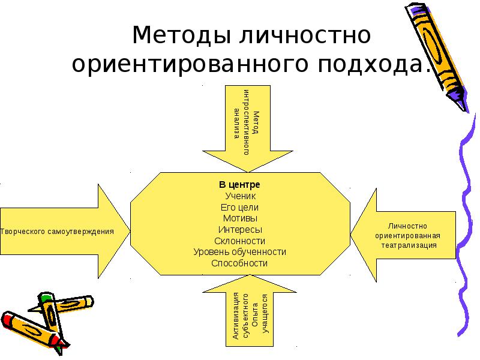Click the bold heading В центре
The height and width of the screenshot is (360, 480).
tap(239, 185)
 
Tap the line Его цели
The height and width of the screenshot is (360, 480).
tap(239, 207)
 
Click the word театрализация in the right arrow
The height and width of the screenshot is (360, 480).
tap(408, 245)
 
